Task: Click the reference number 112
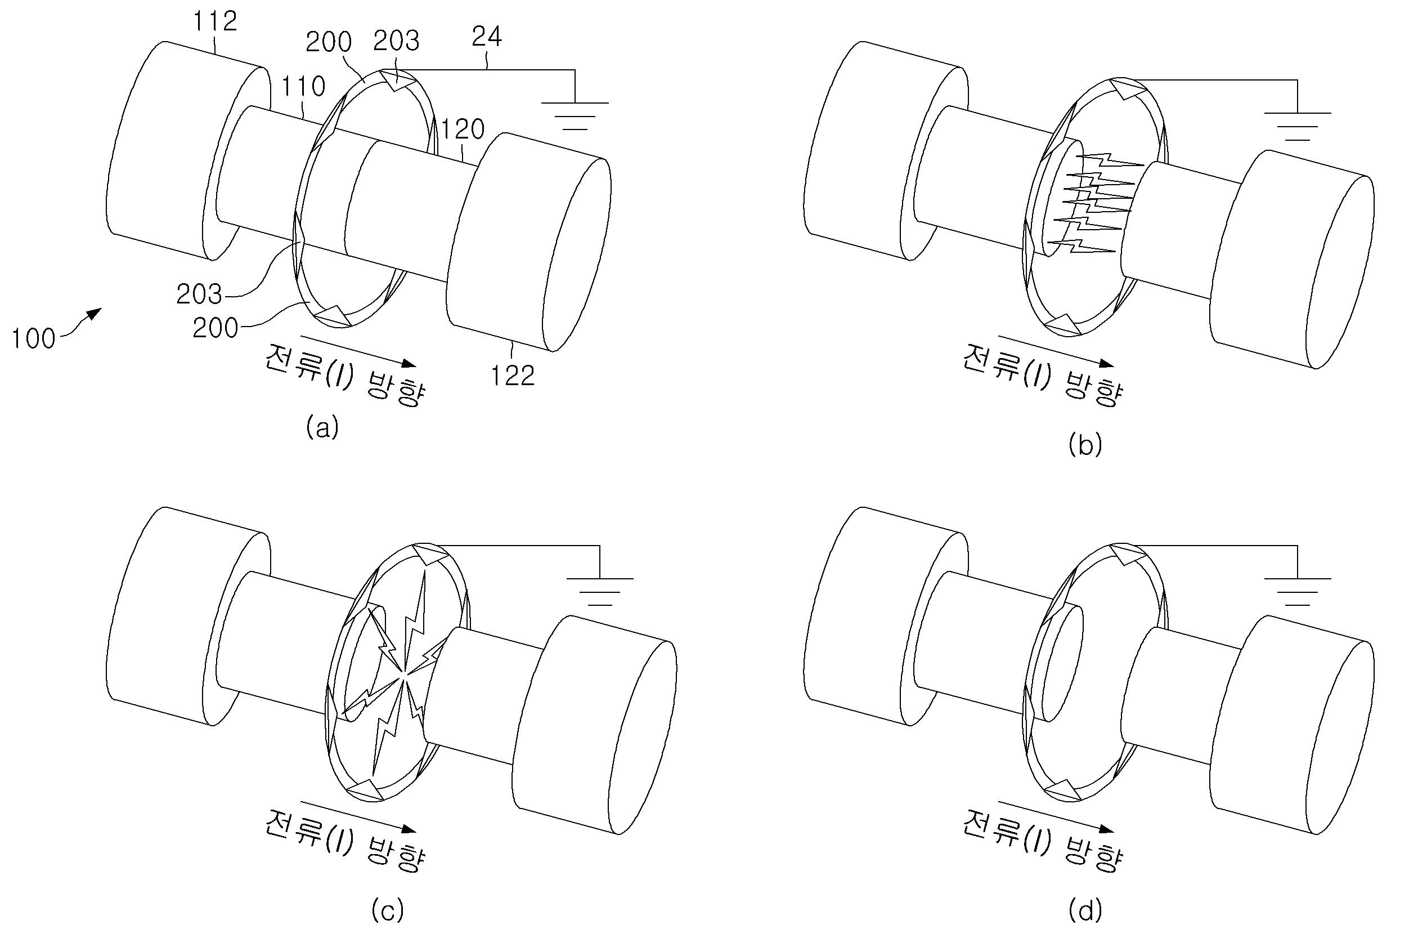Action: (215, 22)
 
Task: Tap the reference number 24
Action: (487, 38)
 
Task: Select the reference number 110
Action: (304, 87)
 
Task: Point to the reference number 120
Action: (463, 129)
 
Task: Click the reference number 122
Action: (512, 376)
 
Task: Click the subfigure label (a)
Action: (322, 428)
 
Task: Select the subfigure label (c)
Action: (387, 911)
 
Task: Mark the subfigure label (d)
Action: (1084, 911)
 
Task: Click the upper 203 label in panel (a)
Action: (396, 41)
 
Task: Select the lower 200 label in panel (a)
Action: (215, 328)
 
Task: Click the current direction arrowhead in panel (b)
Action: (1107, 364)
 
